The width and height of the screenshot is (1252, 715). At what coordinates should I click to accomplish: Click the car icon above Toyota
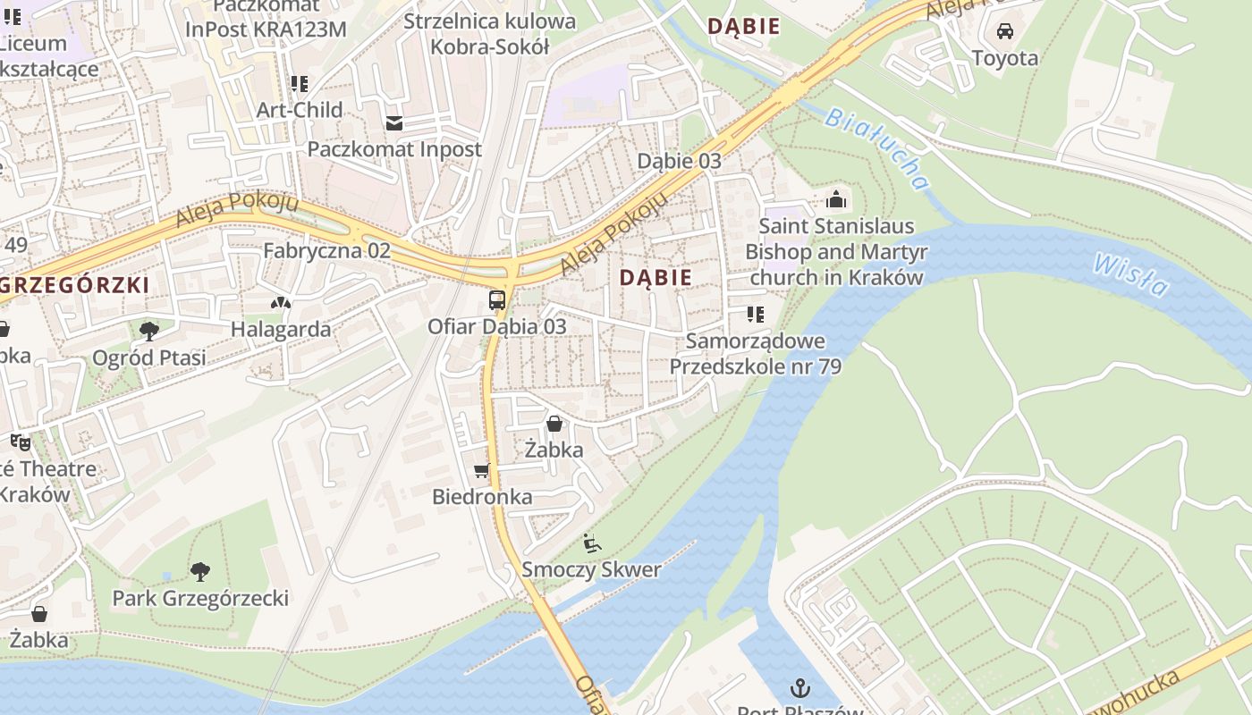(1005, 31)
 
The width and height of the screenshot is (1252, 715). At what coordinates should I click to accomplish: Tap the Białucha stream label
(876, 148)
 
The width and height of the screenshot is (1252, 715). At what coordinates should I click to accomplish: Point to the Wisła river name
(1129, 273)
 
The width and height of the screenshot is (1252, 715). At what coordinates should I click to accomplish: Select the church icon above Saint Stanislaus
(836, 198)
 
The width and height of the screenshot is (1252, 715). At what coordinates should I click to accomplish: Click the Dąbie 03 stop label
(679, 161)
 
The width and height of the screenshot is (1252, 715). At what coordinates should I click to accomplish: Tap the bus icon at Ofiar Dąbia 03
(497, 300)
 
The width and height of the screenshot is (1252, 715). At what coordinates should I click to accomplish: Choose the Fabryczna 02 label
(326, 250)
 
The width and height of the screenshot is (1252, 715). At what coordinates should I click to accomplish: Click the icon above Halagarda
(281, 304)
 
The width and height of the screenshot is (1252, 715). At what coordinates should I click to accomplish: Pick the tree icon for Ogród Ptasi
(149, 332)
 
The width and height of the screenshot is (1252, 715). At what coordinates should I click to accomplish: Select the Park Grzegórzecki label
(200, 598)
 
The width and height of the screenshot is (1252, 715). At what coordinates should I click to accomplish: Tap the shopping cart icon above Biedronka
(482, 470)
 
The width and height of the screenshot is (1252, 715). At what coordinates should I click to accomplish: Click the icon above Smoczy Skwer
(591, 543)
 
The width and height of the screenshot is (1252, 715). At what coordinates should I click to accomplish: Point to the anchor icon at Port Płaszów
(799, 688)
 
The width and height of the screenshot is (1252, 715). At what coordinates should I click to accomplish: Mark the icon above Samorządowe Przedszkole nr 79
(756, 315)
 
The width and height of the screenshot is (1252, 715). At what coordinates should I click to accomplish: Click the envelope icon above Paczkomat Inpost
(394, 122)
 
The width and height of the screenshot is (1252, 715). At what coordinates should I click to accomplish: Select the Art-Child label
(300, 110)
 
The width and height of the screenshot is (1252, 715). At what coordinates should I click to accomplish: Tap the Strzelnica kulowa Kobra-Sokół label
(489, 33)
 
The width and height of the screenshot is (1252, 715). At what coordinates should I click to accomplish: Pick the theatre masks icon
(20, 442)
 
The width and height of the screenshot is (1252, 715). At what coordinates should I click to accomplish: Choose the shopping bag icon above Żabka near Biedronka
(554, 424)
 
